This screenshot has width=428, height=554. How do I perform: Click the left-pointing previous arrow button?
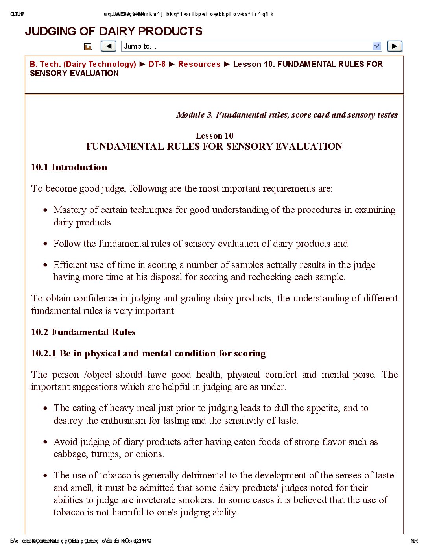109,46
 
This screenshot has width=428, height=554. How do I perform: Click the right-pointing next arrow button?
395,46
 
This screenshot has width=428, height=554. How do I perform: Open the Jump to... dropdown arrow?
376,46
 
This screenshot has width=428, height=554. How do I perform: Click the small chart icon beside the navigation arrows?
88,47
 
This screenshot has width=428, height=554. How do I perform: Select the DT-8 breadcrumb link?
157,64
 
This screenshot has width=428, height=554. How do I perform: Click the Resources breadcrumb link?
199,64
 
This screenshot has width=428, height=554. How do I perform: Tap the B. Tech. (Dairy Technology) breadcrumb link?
83,64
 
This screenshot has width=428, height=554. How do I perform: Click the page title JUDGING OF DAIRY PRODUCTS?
114,31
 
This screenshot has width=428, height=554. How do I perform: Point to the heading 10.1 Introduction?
69,167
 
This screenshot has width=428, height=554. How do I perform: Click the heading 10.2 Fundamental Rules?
83,332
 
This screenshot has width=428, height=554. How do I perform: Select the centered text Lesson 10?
214,136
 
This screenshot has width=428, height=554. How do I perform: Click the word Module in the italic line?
190,115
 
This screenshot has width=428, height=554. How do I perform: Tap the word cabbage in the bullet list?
70,454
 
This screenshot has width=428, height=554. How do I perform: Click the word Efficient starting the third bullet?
70,265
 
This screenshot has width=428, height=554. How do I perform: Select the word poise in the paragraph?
363,375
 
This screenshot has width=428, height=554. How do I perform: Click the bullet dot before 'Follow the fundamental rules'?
46,244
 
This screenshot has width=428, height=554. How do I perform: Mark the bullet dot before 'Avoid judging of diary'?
46,442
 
